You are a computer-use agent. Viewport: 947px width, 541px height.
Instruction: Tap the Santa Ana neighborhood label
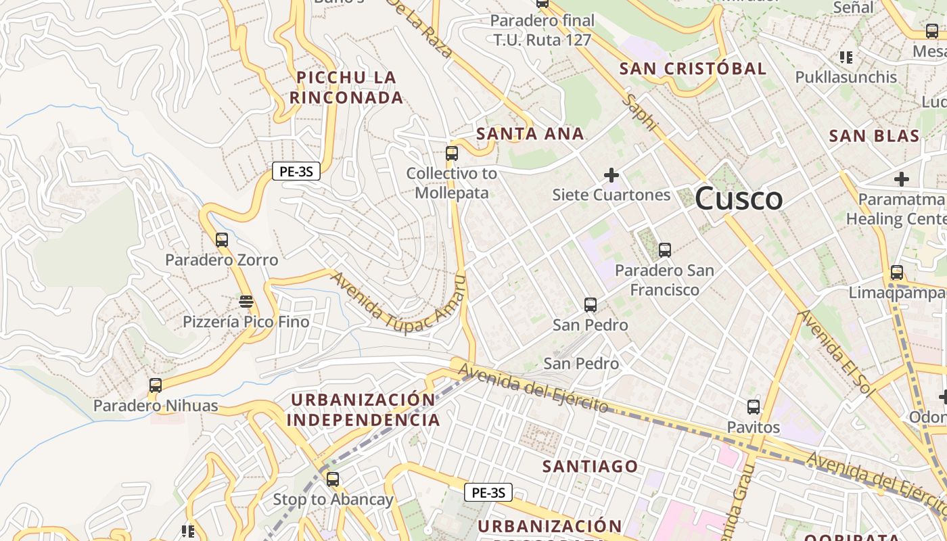coord(530,134)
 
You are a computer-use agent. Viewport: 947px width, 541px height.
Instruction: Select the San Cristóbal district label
coord(693,69)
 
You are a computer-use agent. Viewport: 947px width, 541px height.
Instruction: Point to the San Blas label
coord(874,136)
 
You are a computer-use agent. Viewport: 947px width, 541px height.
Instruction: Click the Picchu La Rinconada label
coord(346,88)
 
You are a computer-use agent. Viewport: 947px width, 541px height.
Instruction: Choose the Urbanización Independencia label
coord(363,410)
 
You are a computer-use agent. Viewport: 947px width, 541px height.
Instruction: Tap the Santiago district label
coord(590,466)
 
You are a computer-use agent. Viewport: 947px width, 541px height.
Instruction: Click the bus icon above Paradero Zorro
coord(222,240)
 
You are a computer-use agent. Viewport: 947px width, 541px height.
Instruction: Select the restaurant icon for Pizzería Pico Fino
coord(246,301)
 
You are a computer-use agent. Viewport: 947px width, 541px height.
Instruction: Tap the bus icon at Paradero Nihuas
coord(156,385)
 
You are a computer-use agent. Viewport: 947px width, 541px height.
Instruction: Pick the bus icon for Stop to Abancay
coord(332,479)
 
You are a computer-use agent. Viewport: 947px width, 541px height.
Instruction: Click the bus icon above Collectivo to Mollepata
coord(451,154)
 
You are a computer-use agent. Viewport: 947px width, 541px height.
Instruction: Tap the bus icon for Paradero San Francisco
coord(664,250)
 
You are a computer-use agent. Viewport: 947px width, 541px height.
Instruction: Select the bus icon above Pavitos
coord(754,407)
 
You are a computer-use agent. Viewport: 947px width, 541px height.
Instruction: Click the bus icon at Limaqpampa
coord(897,273)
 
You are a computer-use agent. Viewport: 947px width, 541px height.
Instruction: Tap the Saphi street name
coord(641,112)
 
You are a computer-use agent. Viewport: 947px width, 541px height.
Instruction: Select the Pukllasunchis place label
coord(846,77)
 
